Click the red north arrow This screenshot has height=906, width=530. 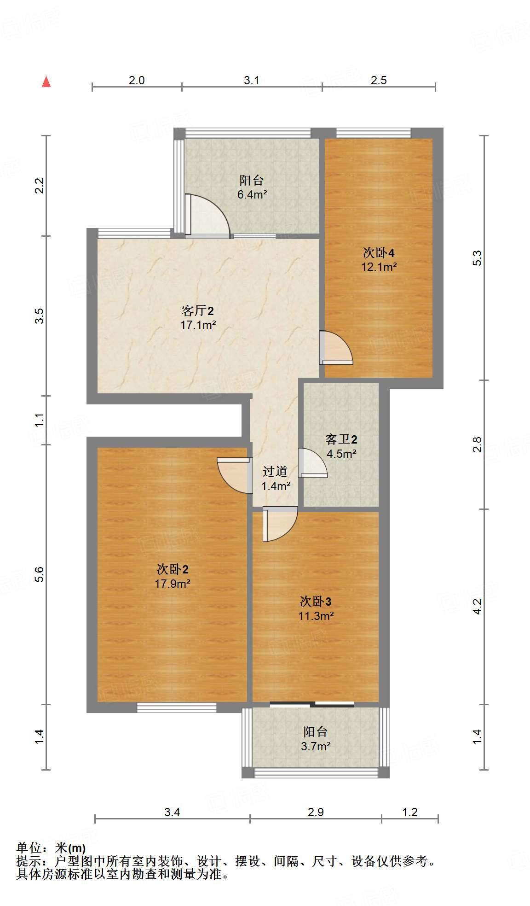(x=46, y=82)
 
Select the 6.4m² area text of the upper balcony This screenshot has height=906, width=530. (x=252, y=195)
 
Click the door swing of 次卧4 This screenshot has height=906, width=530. (x=336, y=348)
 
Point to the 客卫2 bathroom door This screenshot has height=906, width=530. (x=313, y=462)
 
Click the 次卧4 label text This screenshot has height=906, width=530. (x=379, y=253)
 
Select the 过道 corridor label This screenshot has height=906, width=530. (x=275, y=471)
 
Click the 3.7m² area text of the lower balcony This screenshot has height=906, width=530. (x=316, y=747)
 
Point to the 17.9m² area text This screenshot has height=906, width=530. (x=173, y=584)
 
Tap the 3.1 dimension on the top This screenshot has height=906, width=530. (x=252, y=80)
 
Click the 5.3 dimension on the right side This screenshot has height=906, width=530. (x=478, y=258)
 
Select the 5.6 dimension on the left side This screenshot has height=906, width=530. (x=39, y=574)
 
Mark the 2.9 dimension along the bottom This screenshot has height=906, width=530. (x=316, y=812)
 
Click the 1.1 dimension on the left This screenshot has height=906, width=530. (x=39, y=420)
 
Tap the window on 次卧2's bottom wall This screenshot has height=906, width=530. (x=177, y=707)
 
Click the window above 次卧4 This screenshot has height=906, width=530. (x=373, y=133)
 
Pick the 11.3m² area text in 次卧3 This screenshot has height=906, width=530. (x=316, y=616)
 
